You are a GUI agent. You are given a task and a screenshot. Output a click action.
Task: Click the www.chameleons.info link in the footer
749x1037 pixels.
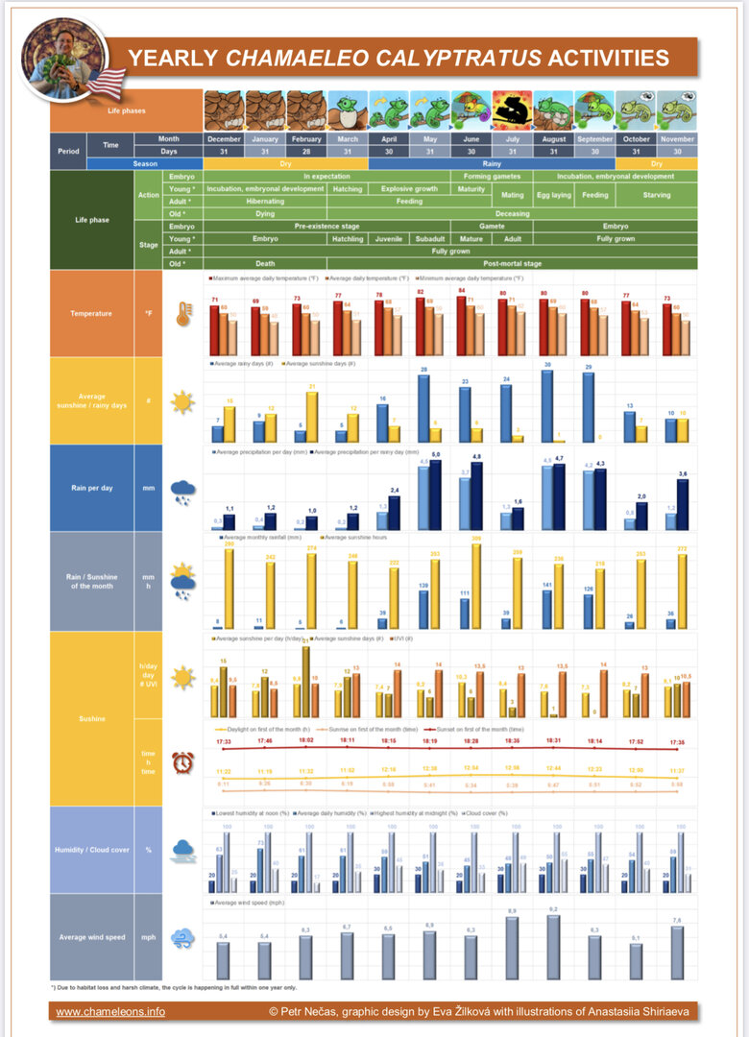click(x=110, y=1011)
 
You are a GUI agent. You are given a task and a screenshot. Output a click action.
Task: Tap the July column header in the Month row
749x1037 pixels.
click(x=513, y=138)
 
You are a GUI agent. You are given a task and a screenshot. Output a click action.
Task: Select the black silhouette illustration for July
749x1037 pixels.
click(x=513, y=110)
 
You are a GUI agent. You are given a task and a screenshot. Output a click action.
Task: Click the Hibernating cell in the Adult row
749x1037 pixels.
click(x=265, y=202)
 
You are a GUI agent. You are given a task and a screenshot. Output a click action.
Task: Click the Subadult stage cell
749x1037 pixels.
click(x=430, y=238)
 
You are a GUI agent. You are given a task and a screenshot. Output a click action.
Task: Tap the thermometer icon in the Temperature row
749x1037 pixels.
click(x=183, y=313)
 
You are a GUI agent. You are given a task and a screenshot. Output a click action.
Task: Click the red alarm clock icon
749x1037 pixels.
click(x=183, y=762)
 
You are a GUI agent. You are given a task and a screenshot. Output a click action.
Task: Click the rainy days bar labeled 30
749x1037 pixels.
click(x=547, y=407)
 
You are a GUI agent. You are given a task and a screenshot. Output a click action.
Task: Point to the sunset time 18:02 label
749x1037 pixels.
click(x=306, y=740)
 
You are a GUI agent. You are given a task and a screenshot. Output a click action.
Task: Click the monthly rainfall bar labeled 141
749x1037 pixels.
click(x=547, y=610)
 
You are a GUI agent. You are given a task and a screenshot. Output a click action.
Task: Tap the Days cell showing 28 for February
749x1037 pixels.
click(x=306, y=151)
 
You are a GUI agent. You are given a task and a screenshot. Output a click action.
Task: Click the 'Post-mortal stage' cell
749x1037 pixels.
click(x=512, y=263)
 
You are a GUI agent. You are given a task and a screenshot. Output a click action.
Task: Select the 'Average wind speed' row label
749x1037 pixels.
click(x=92, y=936)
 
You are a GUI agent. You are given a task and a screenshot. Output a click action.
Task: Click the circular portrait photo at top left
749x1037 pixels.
click(x=64, y=59)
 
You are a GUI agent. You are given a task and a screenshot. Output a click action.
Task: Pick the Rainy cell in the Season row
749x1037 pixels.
click(x=491, y=163)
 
